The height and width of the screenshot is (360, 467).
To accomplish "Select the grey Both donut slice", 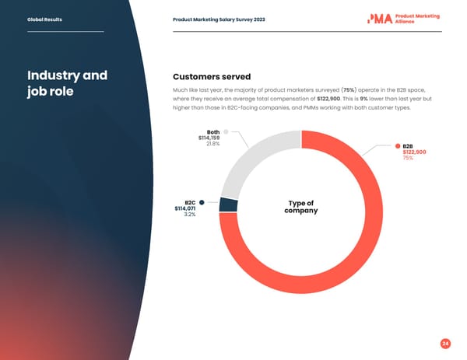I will point(249,159).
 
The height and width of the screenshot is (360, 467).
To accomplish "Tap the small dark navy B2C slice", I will point(228,204).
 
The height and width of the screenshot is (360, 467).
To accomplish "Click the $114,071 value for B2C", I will point(185,208).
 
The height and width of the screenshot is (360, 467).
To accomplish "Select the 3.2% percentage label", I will point(189,215).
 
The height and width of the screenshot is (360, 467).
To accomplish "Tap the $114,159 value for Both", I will point(209,138).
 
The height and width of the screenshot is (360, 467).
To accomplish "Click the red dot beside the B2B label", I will point(397,146).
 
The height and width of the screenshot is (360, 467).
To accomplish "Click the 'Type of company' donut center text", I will point(300,207).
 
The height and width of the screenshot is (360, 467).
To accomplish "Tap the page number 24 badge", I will point(444,343).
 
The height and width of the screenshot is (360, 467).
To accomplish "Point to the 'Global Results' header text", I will point(44,19).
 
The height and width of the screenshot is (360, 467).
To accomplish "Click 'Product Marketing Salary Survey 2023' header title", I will point(219,19).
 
